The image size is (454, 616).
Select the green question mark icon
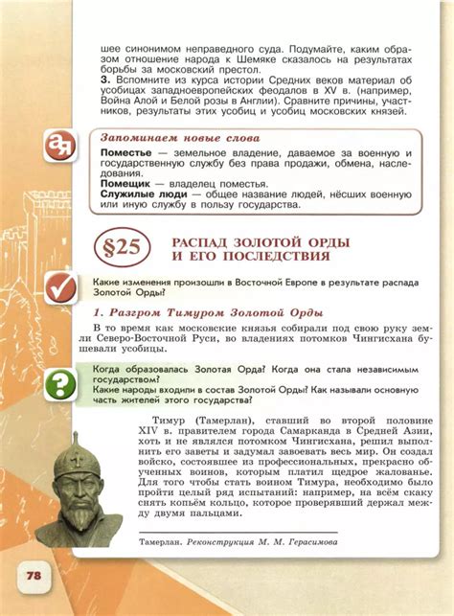tap(61, 385)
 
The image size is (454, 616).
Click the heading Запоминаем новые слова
tap(179, 139)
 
